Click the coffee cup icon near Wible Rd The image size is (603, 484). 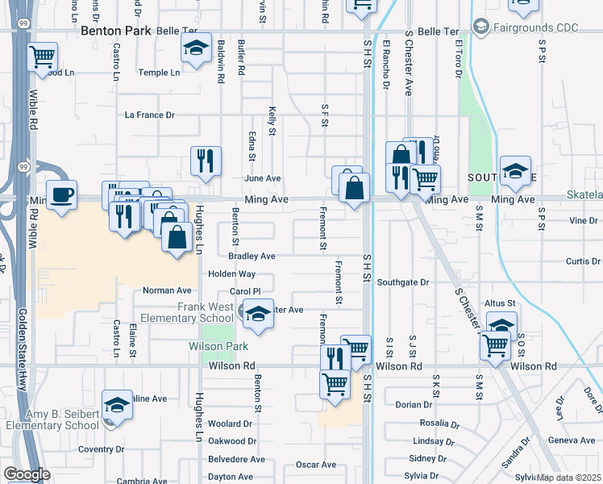click(x=62, y=194)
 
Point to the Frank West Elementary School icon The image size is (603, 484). click(x=258, y=314)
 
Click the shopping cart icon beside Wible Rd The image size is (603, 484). click(x=42, y=57)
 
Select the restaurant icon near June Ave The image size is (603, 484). click(x=206, y=159)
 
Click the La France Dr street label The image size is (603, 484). click(x=148, y=115)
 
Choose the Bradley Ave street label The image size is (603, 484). click(x=252, y=257)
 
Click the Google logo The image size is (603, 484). click(x=27, y=474)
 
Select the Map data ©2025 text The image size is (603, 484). click(x=569, y=478)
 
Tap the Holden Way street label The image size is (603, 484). click(x=231, y=274)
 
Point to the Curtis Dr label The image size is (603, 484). click(x=583, y=261)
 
